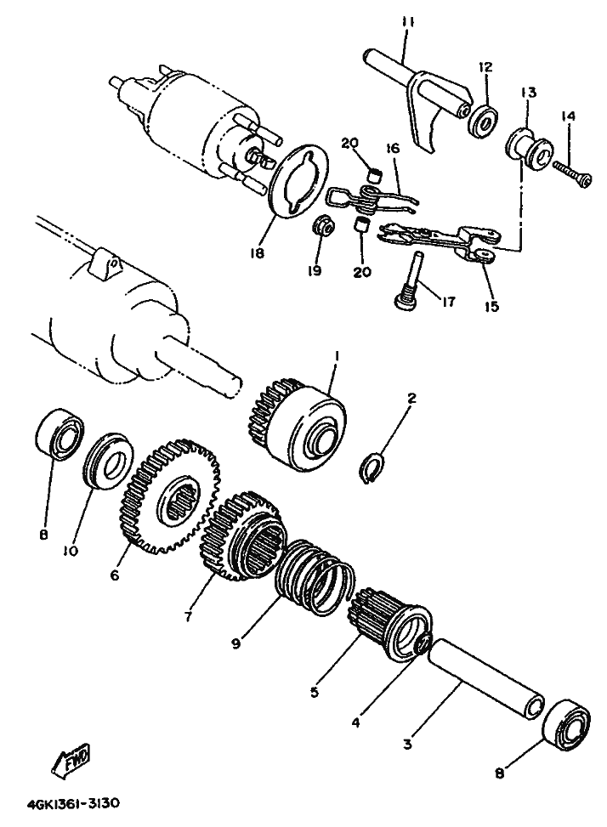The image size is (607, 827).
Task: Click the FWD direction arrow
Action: [x=72, y=760]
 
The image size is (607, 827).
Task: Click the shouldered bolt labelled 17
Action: [x=411, y=281]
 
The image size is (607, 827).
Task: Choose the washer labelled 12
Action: [x=483, y=120]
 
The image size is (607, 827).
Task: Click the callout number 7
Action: [x=189, y=615]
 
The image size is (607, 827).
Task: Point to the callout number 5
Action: [x=315, y=692]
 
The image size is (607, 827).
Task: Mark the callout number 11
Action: [x=409, y=23]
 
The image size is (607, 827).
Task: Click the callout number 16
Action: [x=393, y=149]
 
